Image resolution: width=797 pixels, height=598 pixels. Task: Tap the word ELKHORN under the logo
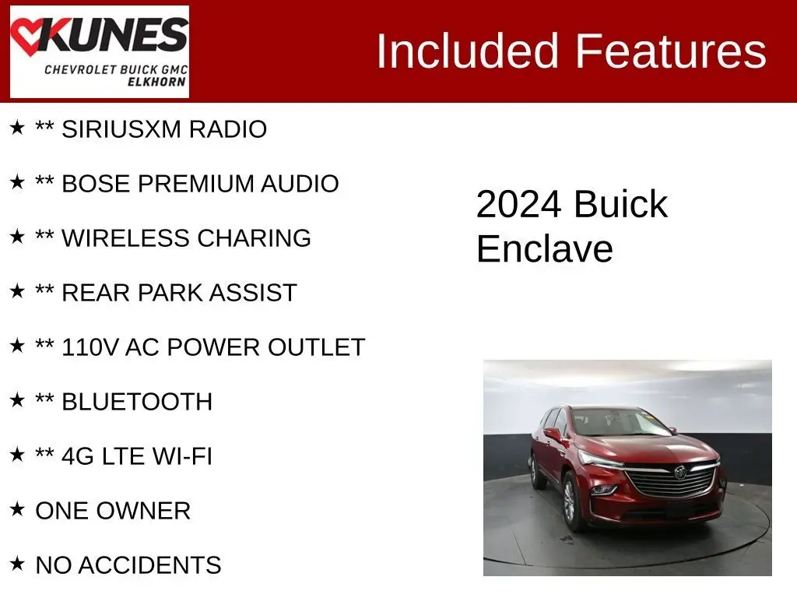coord(156,82)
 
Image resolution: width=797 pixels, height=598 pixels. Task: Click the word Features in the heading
coord(670,51)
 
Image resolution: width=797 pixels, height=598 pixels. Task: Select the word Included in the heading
coord(468,51)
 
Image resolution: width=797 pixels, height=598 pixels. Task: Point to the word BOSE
coord(96,184)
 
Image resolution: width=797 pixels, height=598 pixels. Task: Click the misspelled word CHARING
coord(255,238)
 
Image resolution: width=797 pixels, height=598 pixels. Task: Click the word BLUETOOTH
coord(137,402)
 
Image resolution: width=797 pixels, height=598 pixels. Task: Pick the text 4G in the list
coord(78,456)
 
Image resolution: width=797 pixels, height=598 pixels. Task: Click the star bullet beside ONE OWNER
coord(17,509)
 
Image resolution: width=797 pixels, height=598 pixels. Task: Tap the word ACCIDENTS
coord(149,565)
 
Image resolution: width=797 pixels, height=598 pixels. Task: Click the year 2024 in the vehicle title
coord(519,205)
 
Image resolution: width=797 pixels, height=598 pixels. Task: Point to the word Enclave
coord(545,248)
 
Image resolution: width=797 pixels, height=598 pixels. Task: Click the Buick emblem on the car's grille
coord(680,473)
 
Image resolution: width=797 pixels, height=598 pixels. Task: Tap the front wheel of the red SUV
coord(571,501)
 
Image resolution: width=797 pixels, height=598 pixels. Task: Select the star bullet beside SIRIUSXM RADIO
coord(17,128)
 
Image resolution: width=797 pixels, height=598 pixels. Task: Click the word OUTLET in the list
coord(316,347)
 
